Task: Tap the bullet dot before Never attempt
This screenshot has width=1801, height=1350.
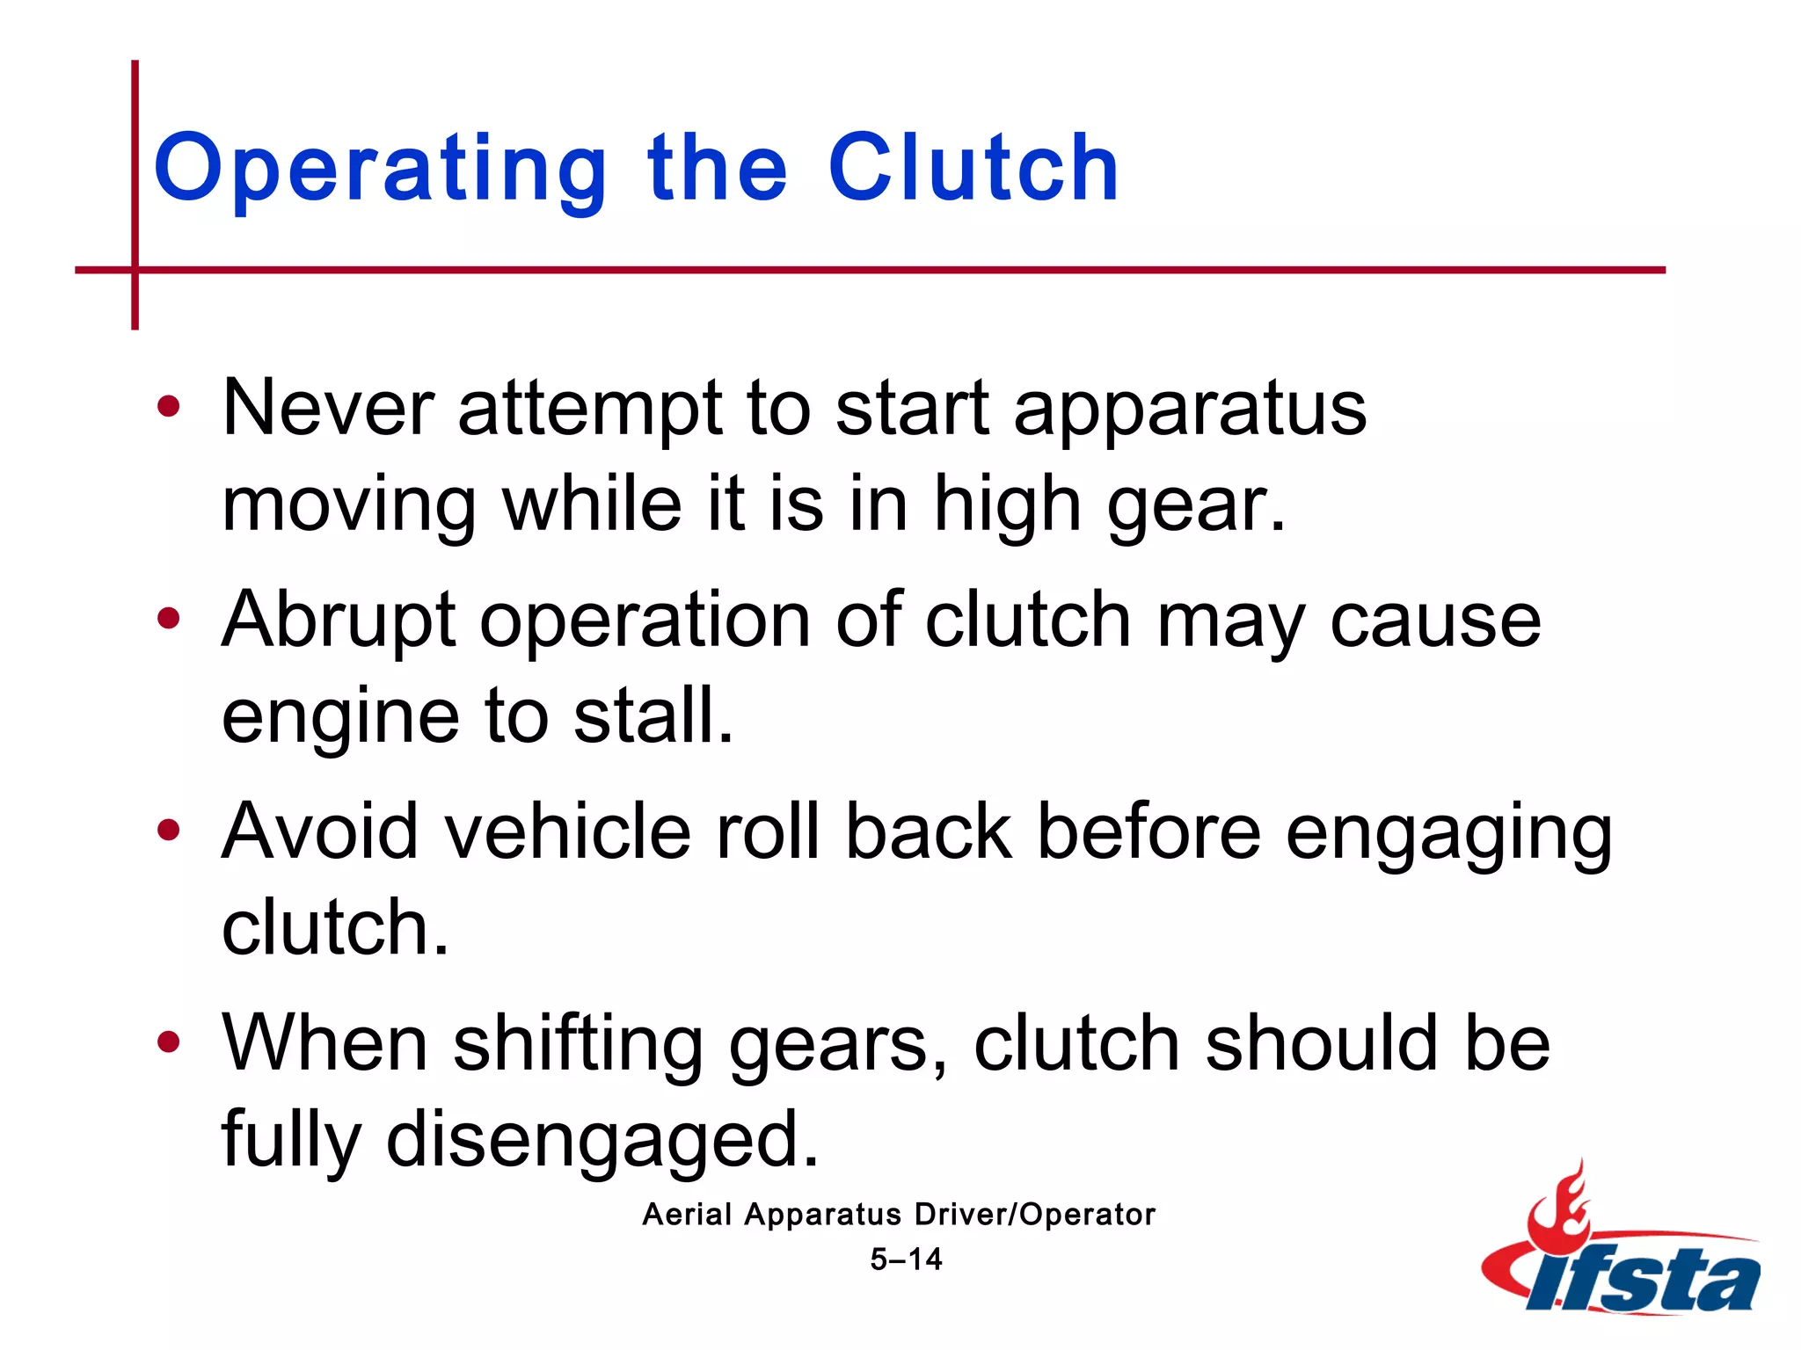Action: coord(168,407)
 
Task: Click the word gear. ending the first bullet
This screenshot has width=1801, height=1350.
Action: coord(1196,507)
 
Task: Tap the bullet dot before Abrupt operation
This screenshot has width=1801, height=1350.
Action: coord(168,619)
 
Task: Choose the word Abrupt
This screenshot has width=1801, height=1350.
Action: coord(339,622)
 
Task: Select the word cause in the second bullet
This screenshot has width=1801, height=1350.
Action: coord(1435,621)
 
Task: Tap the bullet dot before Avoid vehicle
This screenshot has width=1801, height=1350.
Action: coord(168,831)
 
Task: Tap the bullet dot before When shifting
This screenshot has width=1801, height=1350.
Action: coord(168,1042)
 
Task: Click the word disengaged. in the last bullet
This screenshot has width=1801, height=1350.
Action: coord(602,1140)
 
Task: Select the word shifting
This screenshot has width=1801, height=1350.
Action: coord(578,1046)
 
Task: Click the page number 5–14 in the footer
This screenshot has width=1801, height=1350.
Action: coord(906,1259)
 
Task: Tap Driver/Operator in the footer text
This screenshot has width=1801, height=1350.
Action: coord(1034,1215)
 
